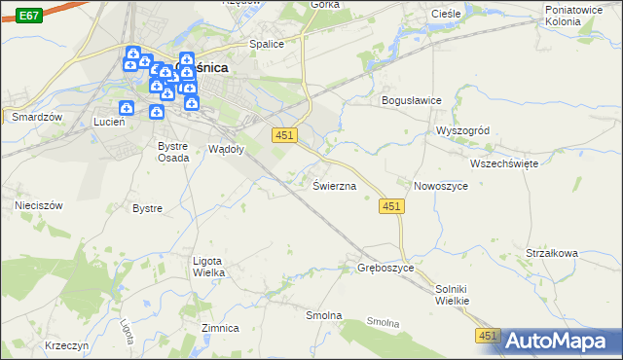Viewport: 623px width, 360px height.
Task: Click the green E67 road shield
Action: point(29,16)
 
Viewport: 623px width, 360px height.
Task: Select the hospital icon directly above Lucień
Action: point(125,108)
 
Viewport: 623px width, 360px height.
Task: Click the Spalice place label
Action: point(266,44)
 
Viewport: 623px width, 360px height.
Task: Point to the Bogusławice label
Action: point(411,100)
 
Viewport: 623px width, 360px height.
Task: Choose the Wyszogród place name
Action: point(468,130)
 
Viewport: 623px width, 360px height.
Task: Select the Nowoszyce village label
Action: point(443,185)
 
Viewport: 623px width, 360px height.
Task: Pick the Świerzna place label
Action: point(334,185)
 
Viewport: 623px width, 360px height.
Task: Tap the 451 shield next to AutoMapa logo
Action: point(488,336)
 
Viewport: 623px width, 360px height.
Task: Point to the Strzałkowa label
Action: point(551,253)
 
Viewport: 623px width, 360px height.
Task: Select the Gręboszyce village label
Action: point(386,267)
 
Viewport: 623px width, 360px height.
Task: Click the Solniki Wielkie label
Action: point(453,295)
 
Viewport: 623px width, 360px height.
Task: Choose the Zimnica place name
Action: point(220,328)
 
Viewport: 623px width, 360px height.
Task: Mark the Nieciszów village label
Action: point(39,206)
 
